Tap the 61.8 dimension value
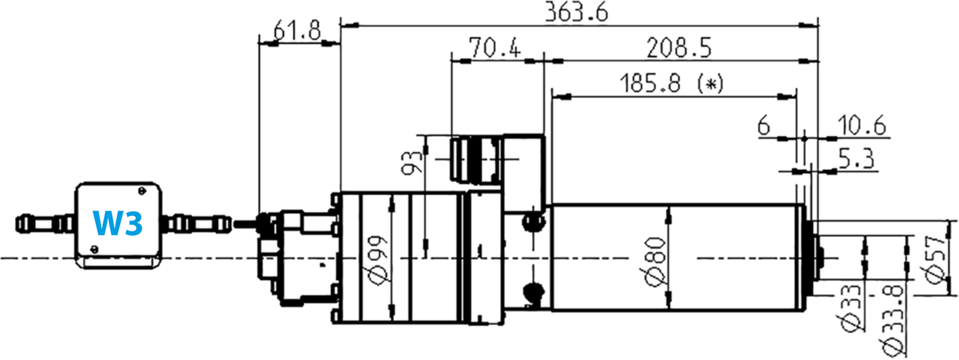(x=298, y=30)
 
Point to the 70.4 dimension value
(x=495, y=49)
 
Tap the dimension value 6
(x=764, y=126)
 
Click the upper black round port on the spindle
(x=533, y=221)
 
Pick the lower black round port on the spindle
(x=533, y=290)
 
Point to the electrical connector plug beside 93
(x=475, y=160)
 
